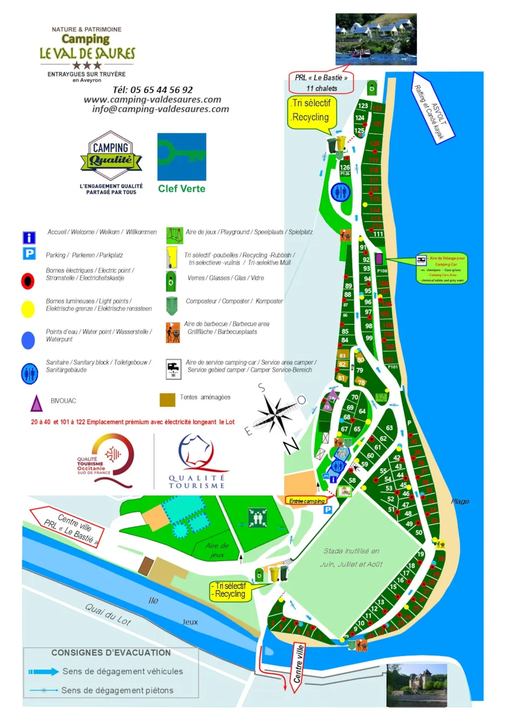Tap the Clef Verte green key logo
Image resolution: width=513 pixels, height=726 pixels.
(x=181, y=157)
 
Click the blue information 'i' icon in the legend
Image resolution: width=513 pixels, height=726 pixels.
(x=29, y=238)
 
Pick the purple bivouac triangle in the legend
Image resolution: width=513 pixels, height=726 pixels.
(x=36, y=403)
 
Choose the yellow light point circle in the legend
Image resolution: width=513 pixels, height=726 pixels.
(x=28, y=308)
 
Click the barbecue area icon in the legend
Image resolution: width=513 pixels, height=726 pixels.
(x=173, y=333)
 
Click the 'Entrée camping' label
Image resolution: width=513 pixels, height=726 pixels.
(x=307, y=501)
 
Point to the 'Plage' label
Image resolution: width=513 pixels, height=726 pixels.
(x=460, y=501)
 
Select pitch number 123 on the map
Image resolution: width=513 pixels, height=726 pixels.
(x=363, y=106)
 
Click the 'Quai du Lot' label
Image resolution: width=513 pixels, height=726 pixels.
(x=108, y=614)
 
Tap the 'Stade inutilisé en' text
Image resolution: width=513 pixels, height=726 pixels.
(x=351, y=551)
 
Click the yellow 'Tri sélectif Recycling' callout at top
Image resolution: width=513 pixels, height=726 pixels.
(x=311, y=112)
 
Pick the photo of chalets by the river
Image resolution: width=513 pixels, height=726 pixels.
(x=376, y=39)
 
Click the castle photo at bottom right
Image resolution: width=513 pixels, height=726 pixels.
(x=416, y=684)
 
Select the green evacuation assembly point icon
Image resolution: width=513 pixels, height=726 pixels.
(x=257, y=517)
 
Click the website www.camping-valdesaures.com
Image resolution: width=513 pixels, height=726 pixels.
(x=152, y=99)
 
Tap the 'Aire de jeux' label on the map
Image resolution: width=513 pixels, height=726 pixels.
(x=217, y=550)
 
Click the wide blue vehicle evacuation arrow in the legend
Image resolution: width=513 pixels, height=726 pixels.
(x=44, y=671)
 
